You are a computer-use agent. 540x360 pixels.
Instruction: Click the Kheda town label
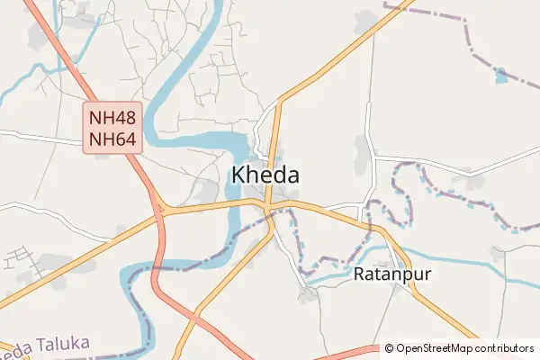click(x=265, y=175)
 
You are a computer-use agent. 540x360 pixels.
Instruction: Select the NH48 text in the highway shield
click(x=112, y=117)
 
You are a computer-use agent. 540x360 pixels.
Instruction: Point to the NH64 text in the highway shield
click(x=112, y=139)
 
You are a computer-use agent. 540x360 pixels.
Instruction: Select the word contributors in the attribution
click(x=506, y=348)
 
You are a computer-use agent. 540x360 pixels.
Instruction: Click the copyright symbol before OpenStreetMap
click(x=389, y=348)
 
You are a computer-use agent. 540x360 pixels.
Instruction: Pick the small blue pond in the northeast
click(x=500, y=75)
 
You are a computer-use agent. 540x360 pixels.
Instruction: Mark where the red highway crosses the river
click(x=155, y=267)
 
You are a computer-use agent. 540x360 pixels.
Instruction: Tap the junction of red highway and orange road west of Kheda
click(x=160, y=212)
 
